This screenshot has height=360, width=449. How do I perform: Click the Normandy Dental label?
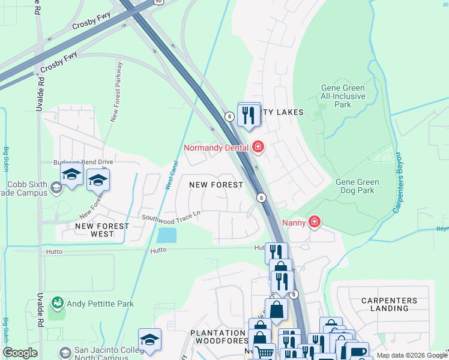pos(216,147)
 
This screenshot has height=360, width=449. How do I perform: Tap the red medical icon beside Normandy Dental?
pos(258,146)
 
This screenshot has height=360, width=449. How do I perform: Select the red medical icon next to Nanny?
pos(314,222)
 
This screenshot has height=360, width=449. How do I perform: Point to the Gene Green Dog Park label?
pos(357,186)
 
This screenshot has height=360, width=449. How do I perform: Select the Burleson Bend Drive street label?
pos(83,162)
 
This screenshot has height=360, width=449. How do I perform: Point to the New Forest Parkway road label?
pos(116,92)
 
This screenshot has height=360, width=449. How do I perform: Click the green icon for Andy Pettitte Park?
pos(58,303)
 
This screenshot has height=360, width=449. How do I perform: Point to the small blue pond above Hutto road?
pos(166,235)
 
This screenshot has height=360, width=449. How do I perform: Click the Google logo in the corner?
pos(20,353)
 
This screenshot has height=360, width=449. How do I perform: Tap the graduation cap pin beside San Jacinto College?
pos(149,339)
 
